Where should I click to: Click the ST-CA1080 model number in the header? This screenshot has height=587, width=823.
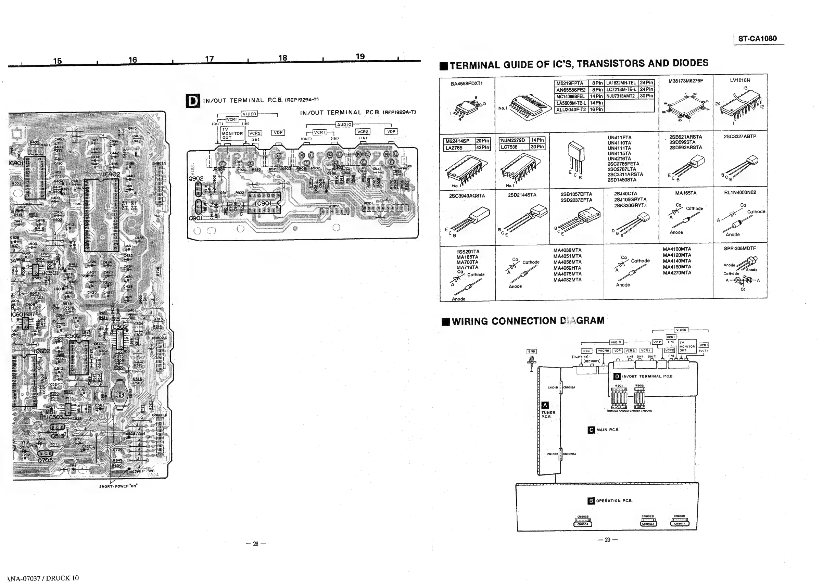pyautogui.click(x=757, y=39)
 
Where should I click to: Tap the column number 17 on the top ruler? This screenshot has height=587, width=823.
pyautogui.click(x=209, y=59)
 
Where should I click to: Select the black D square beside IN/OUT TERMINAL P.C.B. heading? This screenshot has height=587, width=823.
pyautogui.click(x=193, y=101)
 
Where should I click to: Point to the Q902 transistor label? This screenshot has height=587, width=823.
pyautogui.click(x=196, y=179)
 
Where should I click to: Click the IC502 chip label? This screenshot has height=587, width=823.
pyautogui.click(x=72, y=335)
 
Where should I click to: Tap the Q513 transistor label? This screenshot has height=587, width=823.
pyautogui.click(x=58, y=436)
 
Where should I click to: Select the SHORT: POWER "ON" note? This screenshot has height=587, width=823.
pyautogui.click(x=118, y=486)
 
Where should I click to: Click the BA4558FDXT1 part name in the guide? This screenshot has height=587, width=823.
pyautogui.click(x=466, y=84)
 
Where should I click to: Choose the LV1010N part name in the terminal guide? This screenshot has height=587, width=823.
pyautogui.click(x=739, y=80)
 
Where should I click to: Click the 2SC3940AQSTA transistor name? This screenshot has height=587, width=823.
pyautogui.click(x=467, y=196)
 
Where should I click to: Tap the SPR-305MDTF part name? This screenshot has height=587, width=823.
pyautogui.click(x=739, y=248)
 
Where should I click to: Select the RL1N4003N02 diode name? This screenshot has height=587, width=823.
pyautogui.click(x=739, y=192)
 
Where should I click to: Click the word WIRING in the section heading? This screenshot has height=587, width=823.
pyautogui.click(x=470, y=321)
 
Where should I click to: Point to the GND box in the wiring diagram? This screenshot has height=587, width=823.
pyautogui.click(x=531, y=351)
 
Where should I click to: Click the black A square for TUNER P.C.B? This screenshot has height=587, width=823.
pyautogui.click(x=545, y=405)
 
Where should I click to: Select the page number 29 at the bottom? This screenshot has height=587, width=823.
pyautogui.click(x=607, y=540)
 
